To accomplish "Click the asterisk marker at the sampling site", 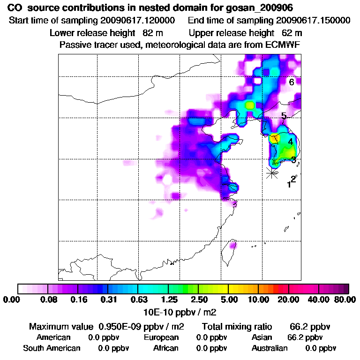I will tap(271, 173).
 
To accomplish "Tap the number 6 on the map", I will tap(291, 82).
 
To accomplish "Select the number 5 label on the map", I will tap(284, 116).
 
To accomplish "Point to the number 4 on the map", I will tap(291, 142).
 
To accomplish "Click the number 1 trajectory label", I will tap(289, 185).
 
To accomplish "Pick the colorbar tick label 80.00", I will tap(345, 300).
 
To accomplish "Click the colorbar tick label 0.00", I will tap(12, 300).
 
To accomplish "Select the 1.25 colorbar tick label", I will tap(168, 300).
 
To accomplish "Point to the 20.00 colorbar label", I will tap(289, 300).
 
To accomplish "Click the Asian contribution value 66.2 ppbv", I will tap(304, 337).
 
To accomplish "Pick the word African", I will tap(166, 348).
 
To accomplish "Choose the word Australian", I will tap(270, 348).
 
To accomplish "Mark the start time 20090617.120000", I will tap(138, 21).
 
